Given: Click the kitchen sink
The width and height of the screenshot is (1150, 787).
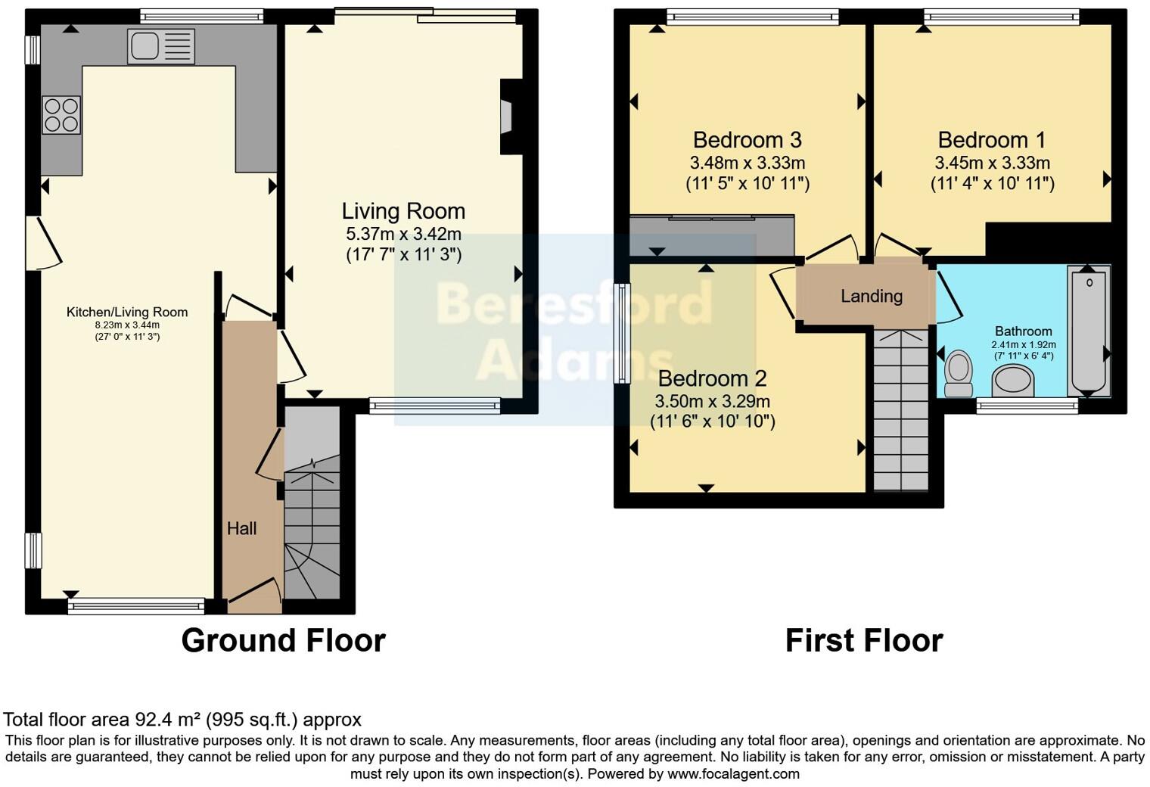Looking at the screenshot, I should (161, 46).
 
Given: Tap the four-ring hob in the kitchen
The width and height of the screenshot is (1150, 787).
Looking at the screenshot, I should (61, 115).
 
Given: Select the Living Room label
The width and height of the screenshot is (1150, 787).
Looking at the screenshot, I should (403, 211).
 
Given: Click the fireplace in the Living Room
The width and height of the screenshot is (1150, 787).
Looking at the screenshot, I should (505, 117).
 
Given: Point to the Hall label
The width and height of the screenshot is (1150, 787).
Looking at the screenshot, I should (241, 528).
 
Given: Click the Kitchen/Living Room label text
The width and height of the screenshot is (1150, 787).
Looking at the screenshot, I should (127, 312).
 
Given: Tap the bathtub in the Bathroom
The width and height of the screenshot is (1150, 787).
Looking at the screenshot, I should (1088, 331).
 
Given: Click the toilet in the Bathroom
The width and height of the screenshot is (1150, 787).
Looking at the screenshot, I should (959, 372).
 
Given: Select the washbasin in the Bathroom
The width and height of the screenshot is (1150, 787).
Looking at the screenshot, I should (1013, 380).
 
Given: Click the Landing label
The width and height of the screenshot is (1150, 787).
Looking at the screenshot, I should (872, 296).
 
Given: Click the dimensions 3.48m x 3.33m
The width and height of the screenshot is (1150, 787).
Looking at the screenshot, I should (747, 163).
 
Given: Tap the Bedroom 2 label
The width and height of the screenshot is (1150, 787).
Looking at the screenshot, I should (712, 378).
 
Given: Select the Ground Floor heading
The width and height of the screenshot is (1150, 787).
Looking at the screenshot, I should (283, 641).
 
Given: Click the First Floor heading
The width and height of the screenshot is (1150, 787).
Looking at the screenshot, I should (863, 641).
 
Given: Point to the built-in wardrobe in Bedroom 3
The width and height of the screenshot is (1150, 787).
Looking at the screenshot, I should (711, 235).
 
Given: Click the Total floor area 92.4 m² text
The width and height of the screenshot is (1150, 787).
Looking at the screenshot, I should (182, 720).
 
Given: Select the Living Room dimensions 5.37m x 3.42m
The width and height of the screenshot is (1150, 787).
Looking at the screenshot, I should (403, 234).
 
